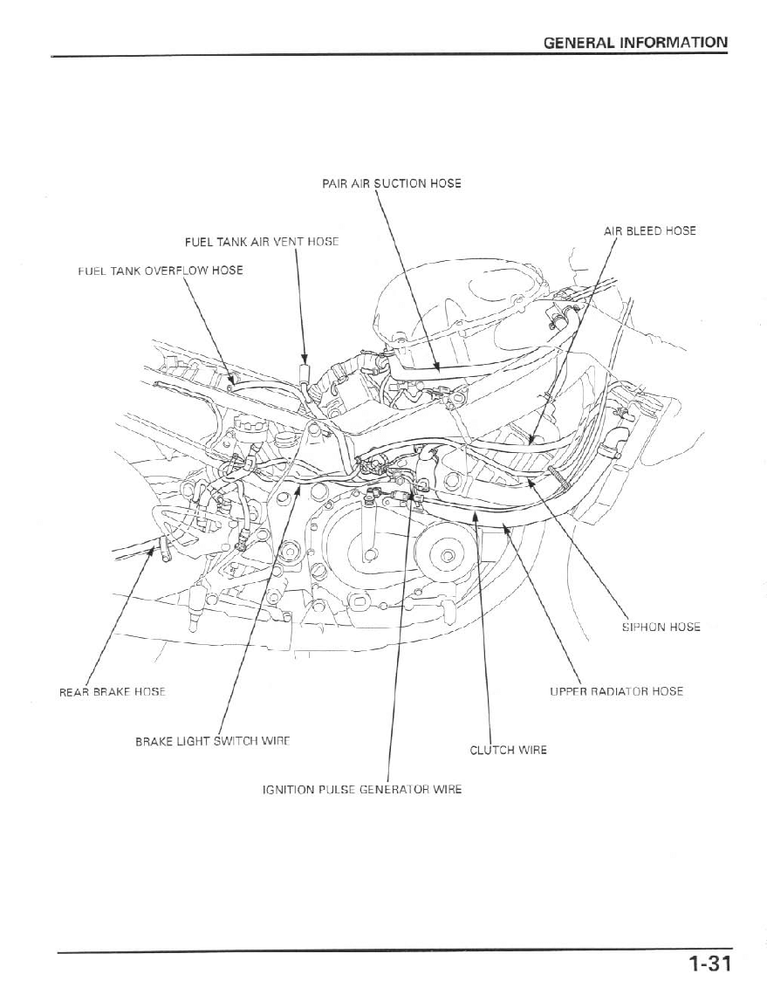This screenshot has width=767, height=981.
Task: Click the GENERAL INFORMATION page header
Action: click(x=635, y=42)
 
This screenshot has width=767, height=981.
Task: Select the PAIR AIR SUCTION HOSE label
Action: click(x=392, y=183)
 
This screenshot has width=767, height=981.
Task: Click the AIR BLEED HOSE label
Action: click(x=649, y=231)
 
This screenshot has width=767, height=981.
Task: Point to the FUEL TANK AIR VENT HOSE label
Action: click(x=261, y=240)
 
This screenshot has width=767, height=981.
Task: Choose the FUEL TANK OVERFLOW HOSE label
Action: click(x=161, y=270)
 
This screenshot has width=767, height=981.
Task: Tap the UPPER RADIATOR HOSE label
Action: click(x=616, y=691)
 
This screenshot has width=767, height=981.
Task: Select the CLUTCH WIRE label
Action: click(x=508, y=750)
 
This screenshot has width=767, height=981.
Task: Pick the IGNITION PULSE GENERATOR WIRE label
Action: click(x=362, y=790)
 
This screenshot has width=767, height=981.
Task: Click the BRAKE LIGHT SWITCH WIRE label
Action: click(x=212, y=741)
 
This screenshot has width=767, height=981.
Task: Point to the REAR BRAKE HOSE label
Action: click(x=112, y=691)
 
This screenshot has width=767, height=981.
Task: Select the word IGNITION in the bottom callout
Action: click(x=288, y=790)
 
